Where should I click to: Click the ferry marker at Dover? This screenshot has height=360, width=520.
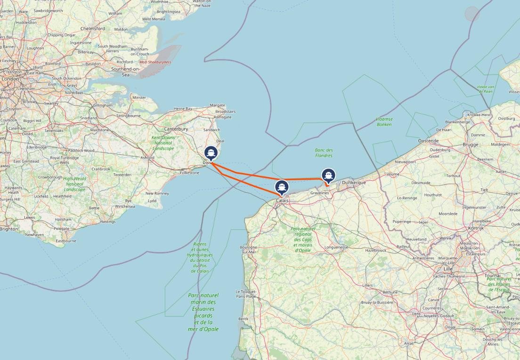[211, 153]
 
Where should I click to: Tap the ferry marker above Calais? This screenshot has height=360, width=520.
[282, 187]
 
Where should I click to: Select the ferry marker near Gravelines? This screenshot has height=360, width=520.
[328, 175]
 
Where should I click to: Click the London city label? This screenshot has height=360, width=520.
[10, 79]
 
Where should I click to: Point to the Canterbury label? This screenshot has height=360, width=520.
[176, 129]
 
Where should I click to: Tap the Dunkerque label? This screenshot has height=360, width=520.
[354, 182]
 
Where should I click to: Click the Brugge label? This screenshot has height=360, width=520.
[470, 145]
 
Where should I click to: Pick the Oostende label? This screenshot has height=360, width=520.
[429, 140]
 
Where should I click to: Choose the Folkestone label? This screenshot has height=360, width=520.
[189, 173]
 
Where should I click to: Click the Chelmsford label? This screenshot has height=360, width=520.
[93, 28]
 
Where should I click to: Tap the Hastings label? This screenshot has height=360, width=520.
[107, 221]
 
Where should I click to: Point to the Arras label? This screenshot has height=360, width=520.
[408, 344]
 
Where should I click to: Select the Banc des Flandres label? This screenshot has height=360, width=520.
[324, 153]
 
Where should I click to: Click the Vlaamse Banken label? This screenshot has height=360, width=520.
[384, 122]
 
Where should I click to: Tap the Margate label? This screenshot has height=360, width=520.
[217, 105]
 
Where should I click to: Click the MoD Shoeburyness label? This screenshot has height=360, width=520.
[155, 62]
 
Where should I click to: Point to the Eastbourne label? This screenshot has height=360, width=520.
[66, 240]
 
